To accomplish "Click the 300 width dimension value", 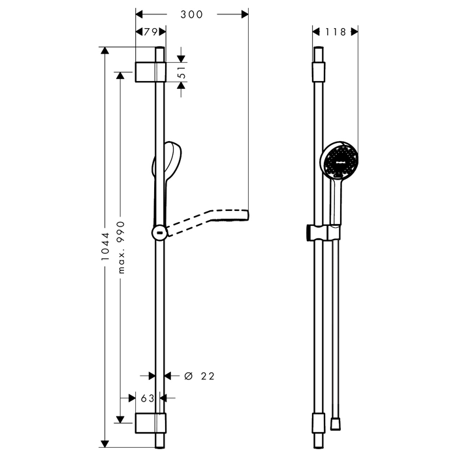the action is (x=191, y=14).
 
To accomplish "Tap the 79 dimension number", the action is (x=151, y=31).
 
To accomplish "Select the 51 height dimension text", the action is (x=182, y=72).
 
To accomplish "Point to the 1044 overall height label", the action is (x=105, y=246).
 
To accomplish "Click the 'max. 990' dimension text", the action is (x=121, y=247).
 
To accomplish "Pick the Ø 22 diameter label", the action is (x=200, y=376).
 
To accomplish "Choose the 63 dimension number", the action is (x=148, y=398).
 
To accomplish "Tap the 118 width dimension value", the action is (x=336, y=31).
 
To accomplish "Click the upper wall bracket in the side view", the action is (x=150, y=72).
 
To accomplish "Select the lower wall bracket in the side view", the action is (x=150, y=423).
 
